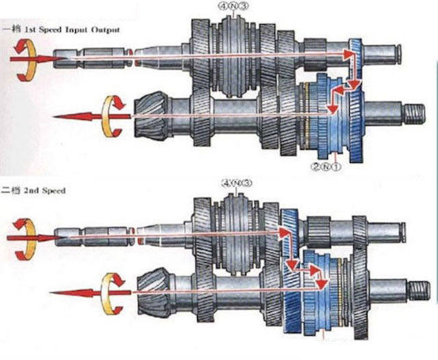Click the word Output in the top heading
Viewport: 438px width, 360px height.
click(x=108, y=31)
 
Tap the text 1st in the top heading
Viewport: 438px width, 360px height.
click(x=29, y=31)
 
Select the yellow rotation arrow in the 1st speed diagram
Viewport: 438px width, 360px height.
click(x=114, y=111)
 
